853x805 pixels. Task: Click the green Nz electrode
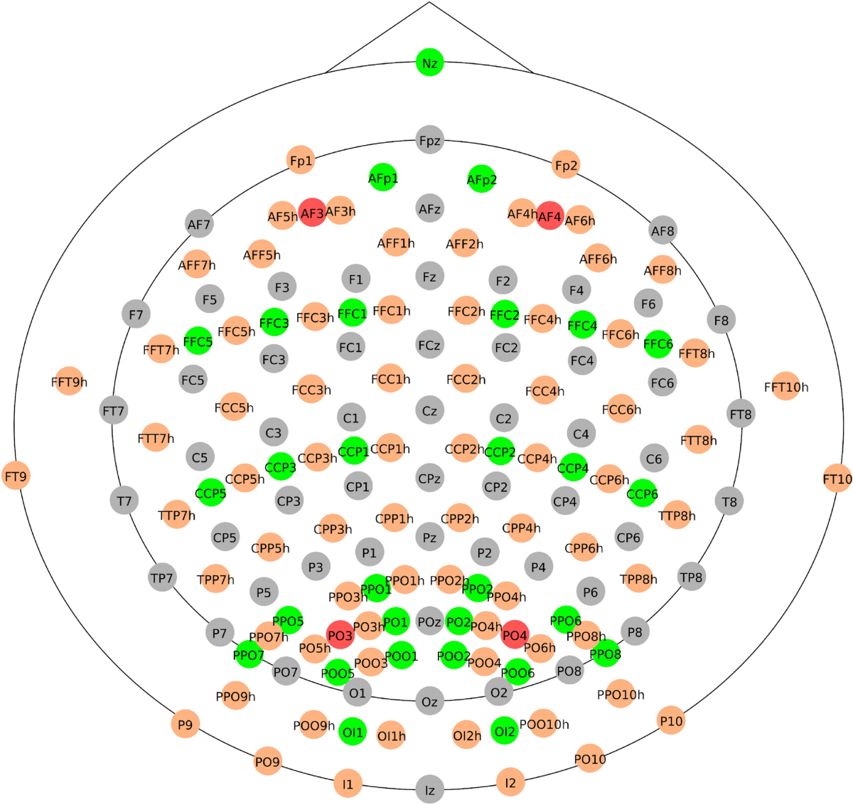[x=429, y=63]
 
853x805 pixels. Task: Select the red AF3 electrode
[x=312, y=213]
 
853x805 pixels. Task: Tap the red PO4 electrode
[x=515, y=634]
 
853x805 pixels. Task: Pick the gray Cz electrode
[x=429, y=410]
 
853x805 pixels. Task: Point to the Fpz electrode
[x=429, y=141]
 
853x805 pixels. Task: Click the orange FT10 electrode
[x=837, y=479]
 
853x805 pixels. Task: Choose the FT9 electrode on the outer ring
[x=16, y=476]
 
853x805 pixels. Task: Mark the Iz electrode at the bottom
[x=429, y=789]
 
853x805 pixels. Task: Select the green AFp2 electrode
[x=481, y=179]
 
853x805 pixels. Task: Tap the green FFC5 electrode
[x=198, y=341]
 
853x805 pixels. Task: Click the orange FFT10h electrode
[x=785, y=386]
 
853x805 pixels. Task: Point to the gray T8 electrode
[x=729, y=501]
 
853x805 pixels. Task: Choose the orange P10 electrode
[x=671, y=720]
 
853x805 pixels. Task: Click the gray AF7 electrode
[x=199, y=224]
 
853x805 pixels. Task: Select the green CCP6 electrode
[x=642, y=494]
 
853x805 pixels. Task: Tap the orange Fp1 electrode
[x=301, y=161]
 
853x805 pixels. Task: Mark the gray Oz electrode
[x=429, y=701]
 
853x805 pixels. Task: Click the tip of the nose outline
[x=429, y=3]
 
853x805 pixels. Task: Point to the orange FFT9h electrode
[x=69, y=382]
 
